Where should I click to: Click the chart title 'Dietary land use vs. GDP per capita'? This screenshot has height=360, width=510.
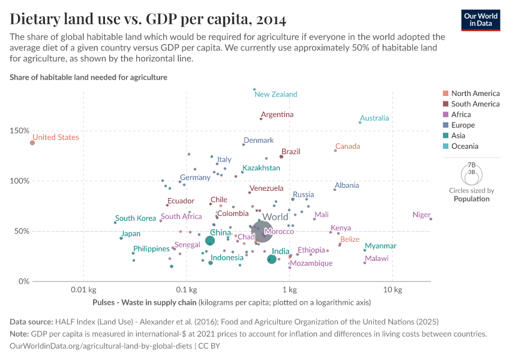(x=148, y=19)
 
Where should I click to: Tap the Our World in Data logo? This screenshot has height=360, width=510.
(x=480, y=19)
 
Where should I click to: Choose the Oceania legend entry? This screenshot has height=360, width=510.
(x=464, y=146)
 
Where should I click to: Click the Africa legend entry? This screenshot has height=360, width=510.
(x=461, y=115)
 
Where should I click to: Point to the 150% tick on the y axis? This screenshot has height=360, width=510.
(x=19, y=131)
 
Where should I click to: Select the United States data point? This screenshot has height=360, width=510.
(x=32, y=143)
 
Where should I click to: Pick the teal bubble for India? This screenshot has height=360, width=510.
(x=272, y=259)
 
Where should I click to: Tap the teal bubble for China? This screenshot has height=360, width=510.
(x=210, y=241)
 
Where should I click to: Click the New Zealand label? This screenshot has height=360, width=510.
(x=276, y=94)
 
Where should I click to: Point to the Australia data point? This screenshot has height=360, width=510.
(x=360, y=122)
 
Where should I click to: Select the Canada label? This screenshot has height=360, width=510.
(x=347, y=146)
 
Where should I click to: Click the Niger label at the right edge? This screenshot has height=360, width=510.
(x=422, y=215)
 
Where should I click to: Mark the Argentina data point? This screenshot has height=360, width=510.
(x=261, y=119)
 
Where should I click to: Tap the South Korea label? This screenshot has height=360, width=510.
(x=136, y=218)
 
